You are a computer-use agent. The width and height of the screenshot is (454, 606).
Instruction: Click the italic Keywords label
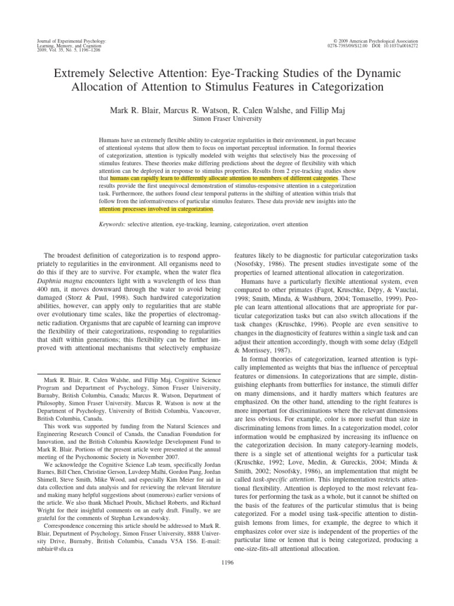(x=112, y=224)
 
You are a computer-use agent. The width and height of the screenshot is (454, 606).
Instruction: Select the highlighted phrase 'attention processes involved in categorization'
(x=155, y=209)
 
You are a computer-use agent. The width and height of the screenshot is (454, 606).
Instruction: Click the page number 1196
(x=227, y=562)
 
